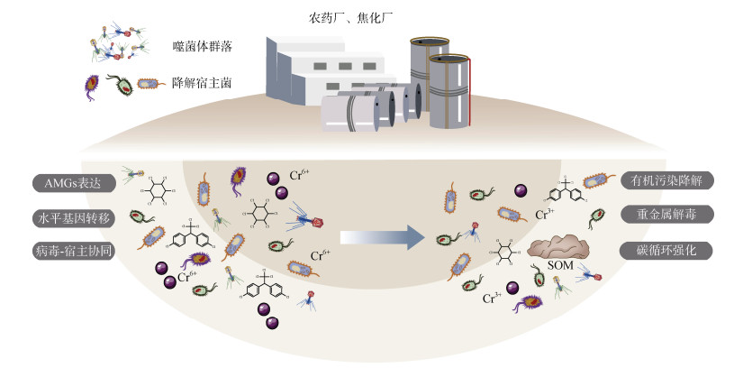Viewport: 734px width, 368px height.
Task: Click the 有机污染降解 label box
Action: [x=666, y=180]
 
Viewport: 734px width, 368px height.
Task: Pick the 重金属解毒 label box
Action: [x=666, y=215]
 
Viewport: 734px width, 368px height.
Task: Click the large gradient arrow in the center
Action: [x=382, y=236]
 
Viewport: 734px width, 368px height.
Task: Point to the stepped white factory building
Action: [x=324, y=68]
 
